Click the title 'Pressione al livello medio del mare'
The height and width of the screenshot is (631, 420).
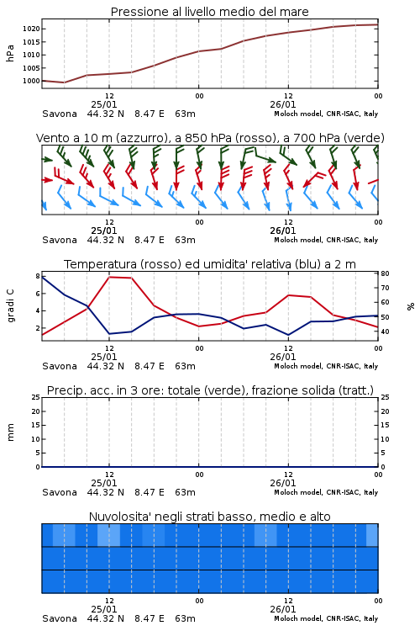[x=209, y=12]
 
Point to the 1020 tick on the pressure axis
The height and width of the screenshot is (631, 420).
[x=31, y=29]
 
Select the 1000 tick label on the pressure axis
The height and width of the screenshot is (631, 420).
[x=31, y=81]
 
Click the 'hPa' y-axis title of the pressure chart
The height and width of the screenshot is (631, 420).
[x=10, y=53]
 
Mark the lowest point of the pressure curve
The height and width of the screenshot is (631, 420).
[x=64, y=82]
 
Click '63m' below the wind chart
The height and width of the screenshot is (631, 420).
[x=186, y=240]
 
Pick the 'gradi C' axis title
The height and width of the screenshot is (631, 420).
[x=10, y=305]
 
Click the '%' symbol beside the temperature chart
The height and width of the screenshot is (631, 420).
[x=411, y=306]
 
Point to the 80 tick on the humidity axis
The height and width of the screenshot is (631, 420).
[x=385, y=273]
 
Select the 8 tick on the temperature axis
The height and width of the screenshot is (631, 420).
[x=38, y=276]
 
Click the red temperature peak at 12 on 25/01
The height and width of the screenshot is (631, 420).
[x=109, y=277]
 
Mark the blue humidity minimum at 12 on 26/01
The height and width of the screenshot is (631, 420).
[x=288, y=335]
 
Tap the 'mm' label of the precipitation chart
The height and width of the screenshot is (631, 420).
[x=10, y=432]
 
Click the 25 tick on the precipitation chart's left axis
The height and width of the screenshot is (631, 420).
[x=36, y=397]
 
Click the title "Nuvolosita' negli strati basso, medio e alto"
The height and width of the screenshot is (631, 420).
[x=209, y=517]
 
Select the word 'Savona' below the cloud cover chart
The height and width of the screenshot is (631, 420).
[x=60, y=618]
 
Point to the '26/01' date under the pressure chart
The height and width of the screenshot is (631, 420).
[x=283, y=104]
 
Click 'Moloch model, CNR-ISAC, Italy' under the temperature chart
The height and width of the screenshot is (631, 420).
[x=326, y=366]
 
